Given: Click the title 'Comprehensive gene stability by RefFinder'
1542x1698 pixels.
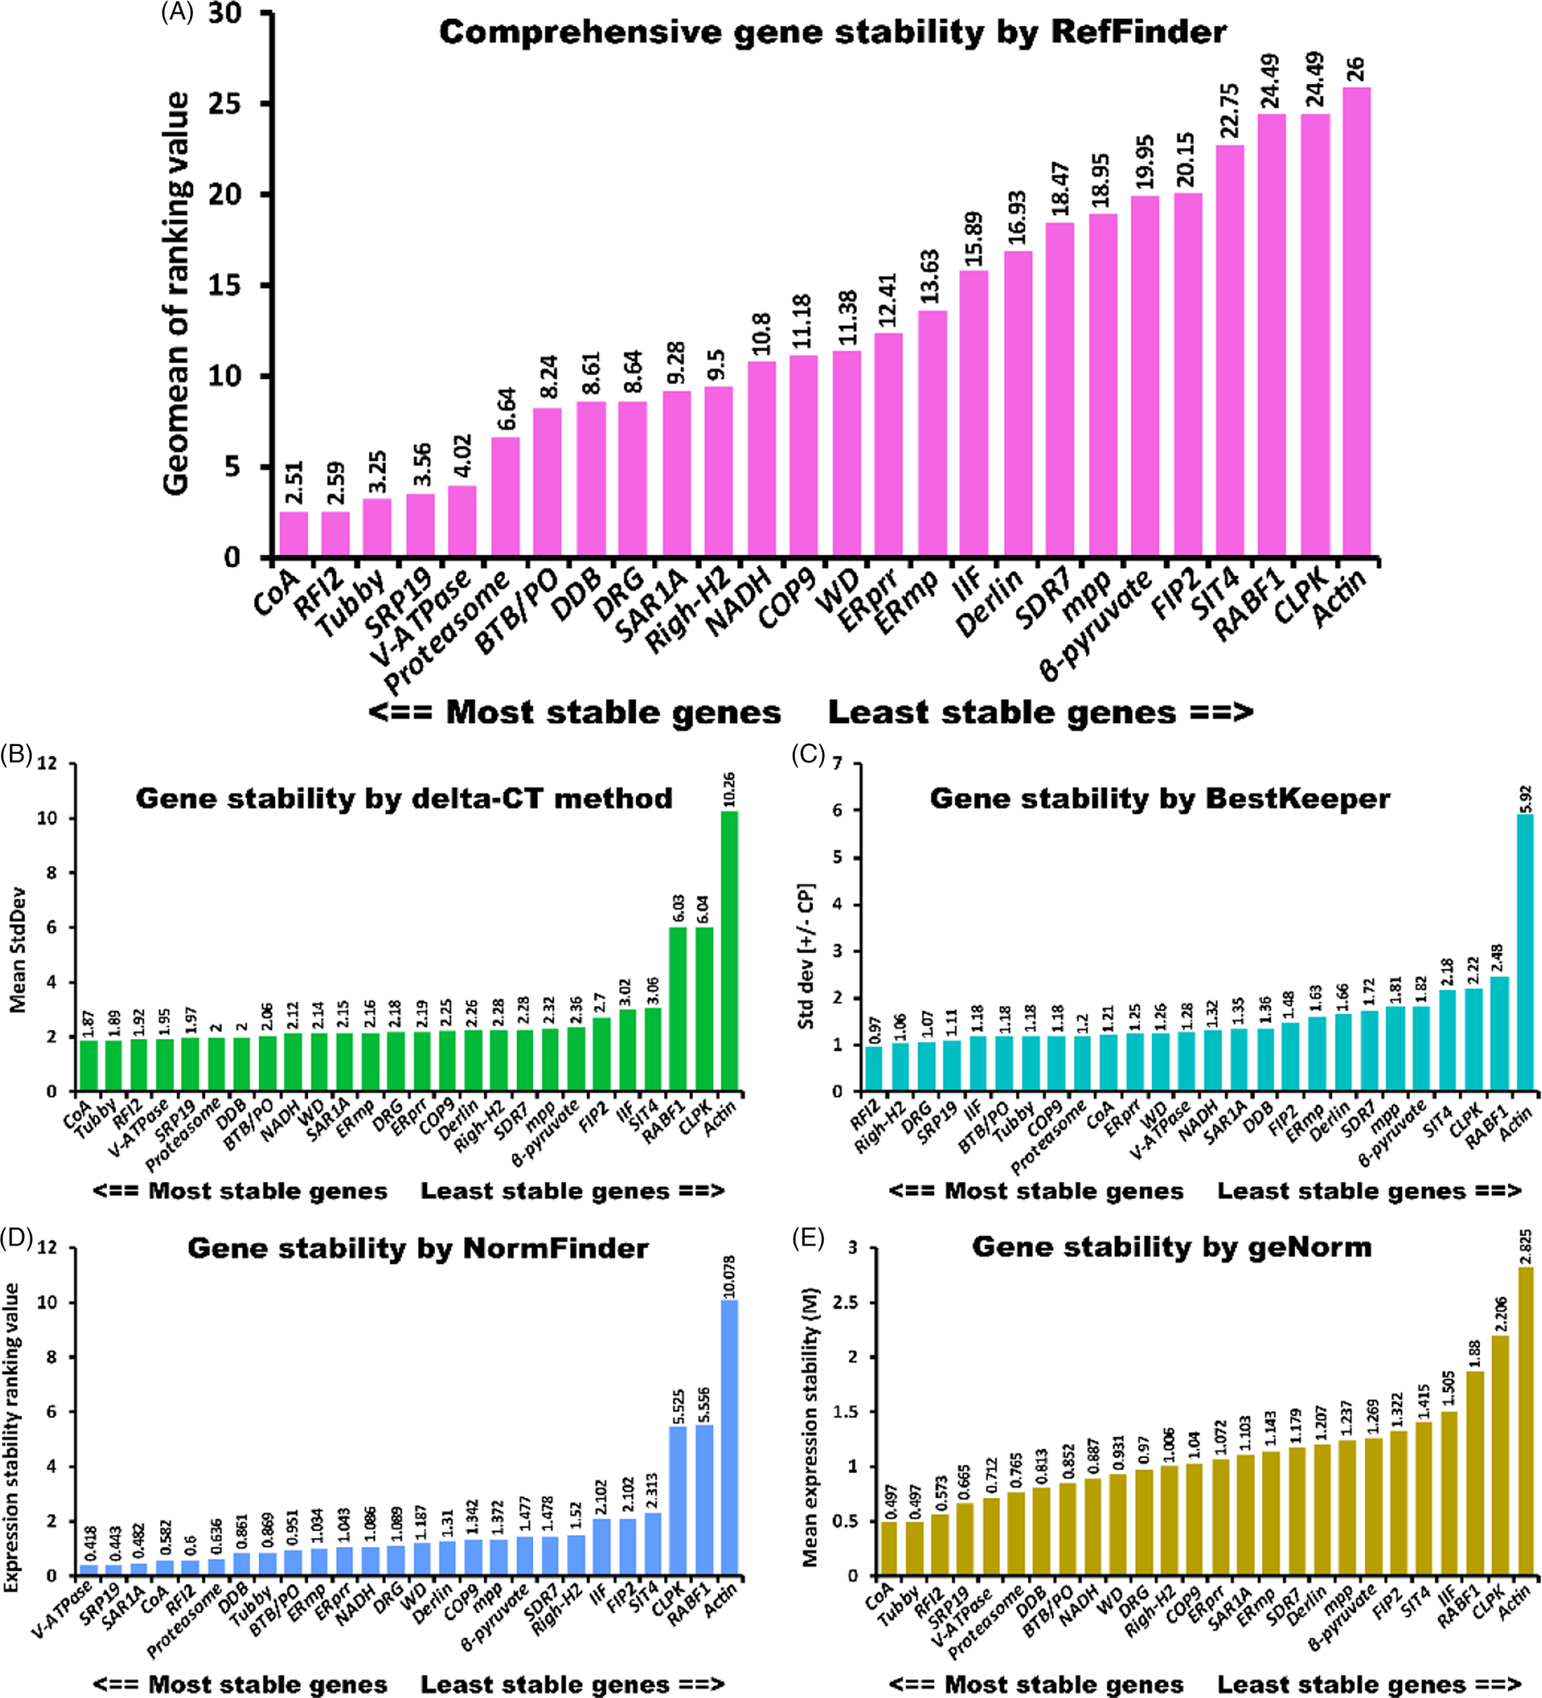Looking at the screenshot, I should [832, 33].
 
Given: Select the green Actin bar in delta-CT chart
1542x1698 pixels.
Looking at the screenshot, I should [729, 951].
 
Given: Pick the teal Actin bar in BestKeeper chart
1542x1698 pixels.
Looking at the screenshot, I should [1525, 952].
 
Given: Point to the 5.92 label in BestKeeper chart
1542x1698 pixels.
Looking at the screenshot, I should [1525, 796].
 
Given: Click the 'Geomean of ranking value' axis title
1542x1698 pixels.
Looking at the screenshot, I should [176, 294].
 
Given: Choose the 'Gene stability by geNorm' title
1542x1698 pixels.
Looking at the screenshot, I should [1171, 1246].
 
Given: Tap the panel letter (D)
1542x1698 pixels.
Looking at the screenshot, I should [17, 1237].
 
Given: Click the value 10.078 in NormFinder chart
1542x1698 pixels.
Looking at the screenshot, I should [729, 1273].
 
